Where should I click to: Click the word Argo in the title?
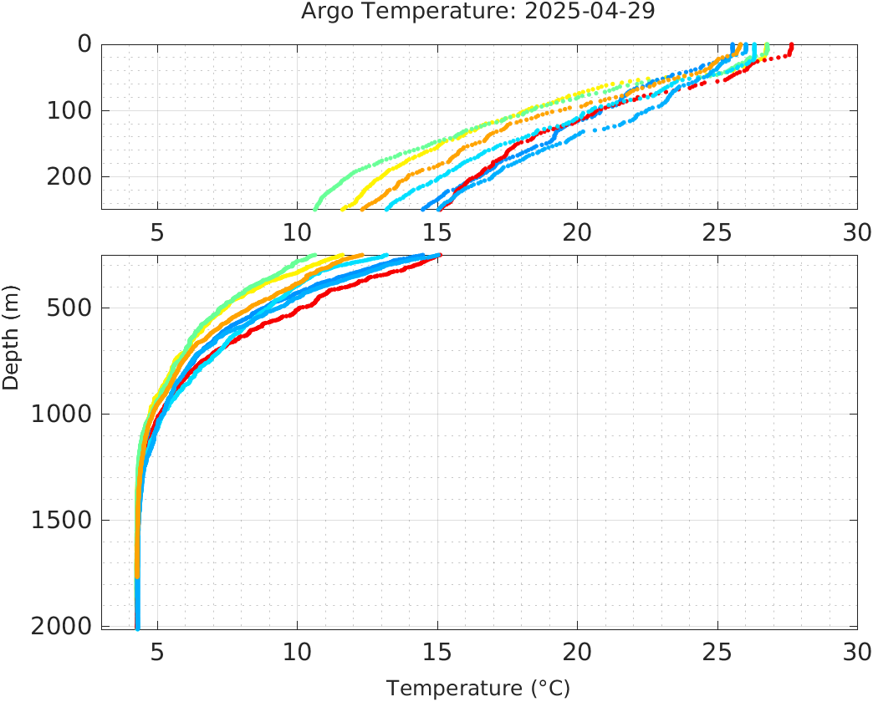click(x=327, y=13)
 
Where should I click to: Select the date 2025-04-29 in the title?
click(x=608, y=13)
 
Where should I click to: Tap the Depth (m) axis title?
click(x=11, y=345)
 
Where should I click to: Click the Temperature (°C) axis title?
click(x=478, y=689)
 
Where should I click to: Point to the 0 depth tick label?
click(x=84, y=43)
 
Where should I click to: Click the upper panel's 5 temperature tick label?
click(x=157, y=232)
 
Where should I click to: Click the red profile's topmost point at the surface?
click(x=792, y=45)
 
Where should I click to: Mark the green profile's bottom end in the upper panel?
click(x=315, y=208)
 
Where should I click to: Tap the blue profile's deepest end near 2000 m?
click(x=137, y=626)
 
